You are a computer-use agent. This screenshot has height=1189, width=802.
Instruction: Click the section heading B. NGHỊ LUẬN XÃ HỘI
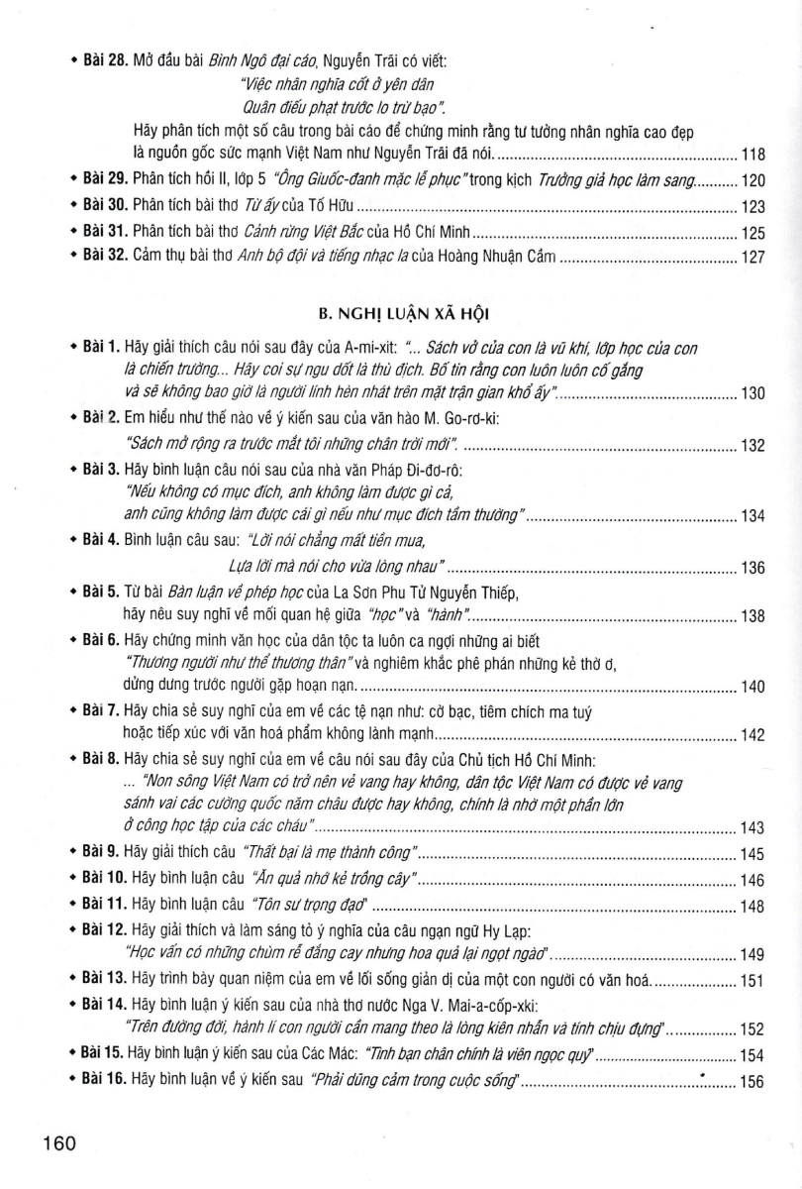pyautogui.click(x=407, y=315)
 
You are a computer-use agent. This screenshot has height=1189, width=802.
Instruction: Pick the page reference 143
pyautogui.click(x=754, y=827)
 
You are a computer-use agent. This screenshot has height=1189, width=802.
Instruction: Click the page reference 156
pyautogui.click(x=754, y=1082)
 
